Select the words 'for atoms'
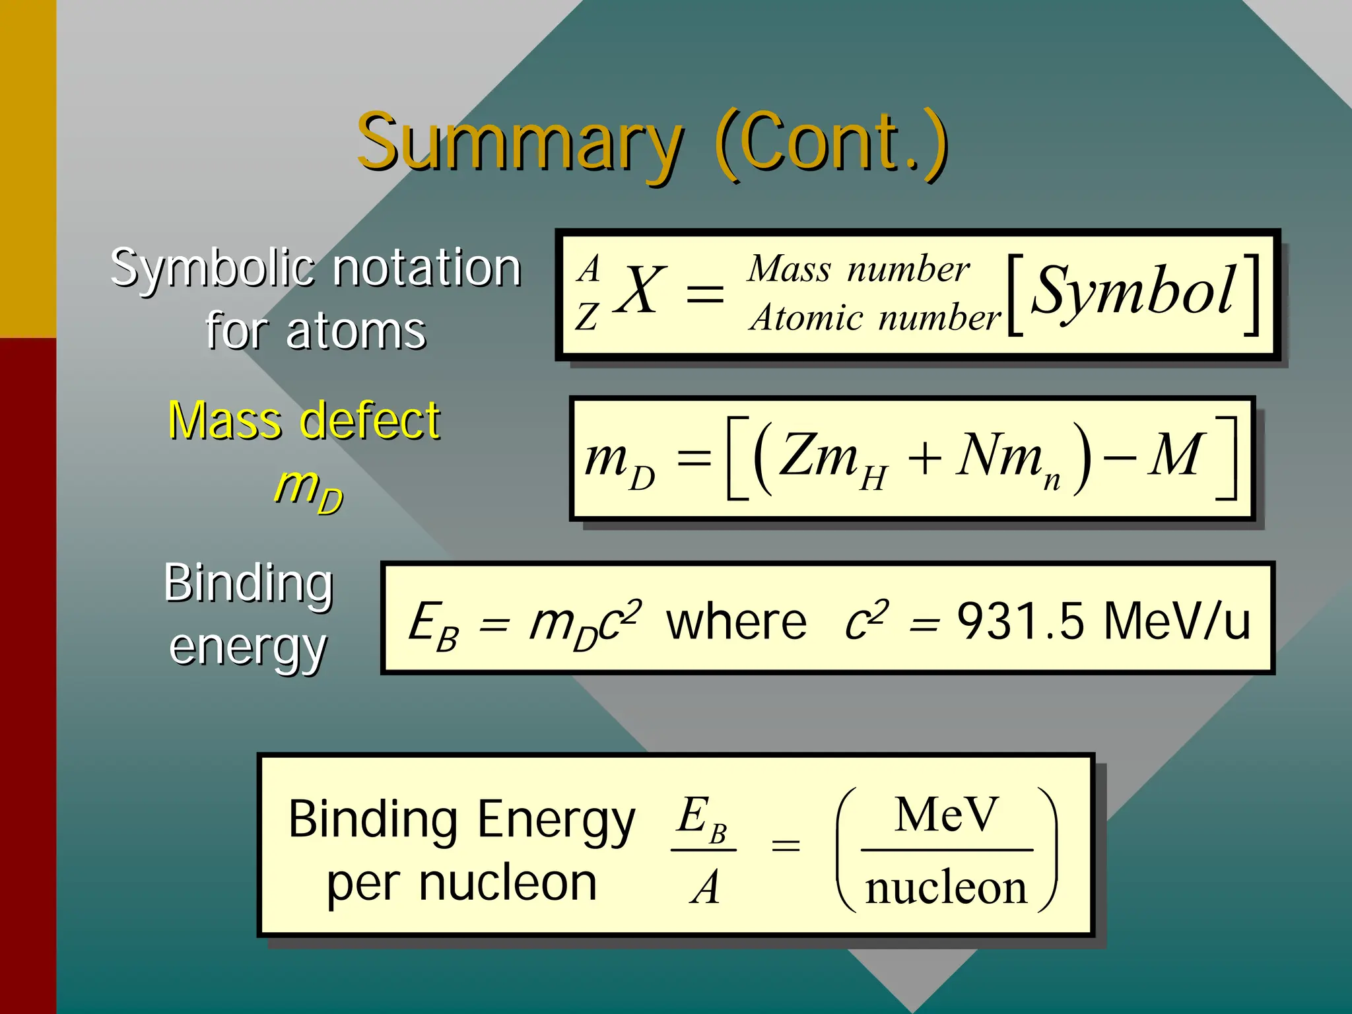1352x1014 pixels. [x=316, y=330]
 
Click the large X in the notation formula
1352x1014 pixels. [x=639, y=290]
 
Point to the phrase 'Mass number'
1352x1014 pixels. [x=858, y=269]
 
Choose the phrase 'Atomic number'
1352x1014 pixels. [x=875, y=318]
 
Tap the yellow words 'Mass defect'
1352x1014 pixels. [x=304, y=420]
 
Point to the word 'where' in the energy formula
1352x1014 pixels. [x=736, y=621]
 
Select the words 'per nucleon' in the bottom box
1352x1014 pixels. [x=461, y=883]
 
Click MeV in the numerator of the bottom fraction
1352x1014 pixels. [x=946, y=815]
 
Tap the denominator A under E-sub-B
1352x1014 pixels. [x=705, y=887]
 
